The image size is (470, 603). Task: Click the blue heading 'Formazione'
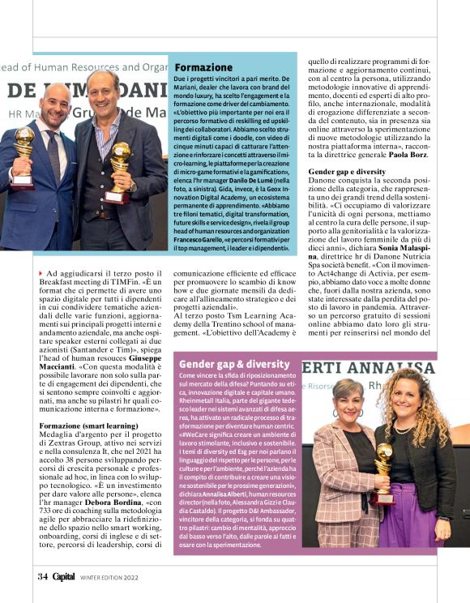[204, 66]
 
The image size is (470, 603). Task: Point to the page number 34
[41, 577]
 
